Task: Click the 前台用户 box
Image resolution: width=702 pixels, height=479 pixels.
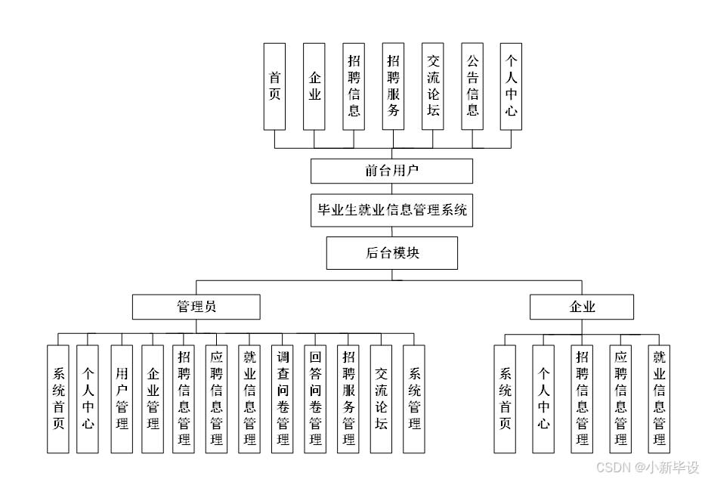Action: (391, 171)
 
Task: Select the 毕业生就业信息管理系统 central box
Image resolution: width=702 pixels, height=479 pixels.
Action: (391, 210)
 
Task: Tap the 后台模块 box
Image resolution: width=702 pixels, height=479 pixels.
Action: (391, 253)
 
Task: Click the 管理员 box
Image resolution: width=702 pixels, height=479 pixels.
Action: (196, 307)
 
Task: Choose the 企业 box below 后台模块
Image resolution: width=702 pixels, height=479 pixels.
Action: (582, 307)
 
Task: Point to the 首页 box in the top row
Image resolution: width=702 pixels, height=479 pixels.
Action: (274, 85)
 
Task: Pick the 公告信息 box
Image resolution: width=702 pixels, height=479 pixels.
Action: (472, 85)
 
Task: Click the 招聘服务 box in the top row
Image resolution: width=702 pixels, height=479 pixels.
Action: (393, 85)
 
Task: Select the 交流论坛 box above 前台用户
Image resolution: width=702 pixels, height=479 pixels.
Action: (433, 85)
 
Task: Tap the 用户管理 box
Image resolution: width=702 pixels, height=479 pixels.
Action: (122, 399)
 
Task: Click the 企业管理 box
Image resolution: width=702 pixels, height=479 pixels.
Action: (153, 399)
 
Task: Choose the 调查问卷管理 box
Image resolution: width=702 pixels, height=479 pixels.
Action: (283, 399)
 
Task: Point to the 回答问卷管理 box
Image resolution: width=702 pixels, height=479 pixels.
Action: (316, 399)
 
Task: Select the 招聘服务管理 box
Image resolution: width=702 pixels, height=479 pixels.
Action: (348, 399)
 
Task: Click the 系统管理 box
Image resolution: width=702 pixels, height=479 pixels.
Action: (414, 399)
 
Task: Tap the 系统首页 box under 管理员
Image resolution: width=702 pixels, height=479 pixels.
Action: (57, 399)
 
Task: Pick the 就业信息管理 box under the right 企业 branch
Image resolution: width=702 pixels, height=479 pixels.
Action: (659, 399)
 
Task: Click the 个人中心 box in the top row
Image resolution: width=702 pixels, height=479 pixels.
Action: (512, 85)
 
